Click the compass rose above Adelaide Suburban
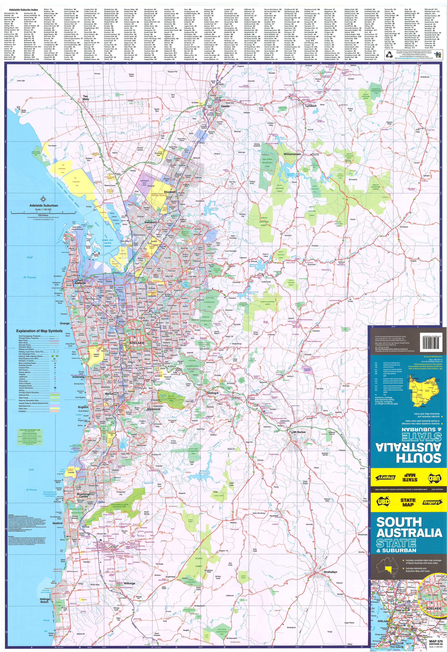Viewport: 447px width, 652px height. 44,200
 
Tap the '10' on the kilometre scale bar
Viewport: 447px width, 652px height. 75,212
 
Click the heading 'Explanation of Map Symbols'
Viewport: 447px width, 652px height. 39,331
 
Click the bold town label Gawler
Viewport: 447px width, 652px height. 225,106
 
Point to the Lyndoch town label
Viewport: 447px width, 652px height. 311,106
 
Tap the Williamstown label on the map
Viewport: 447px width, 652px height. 292,154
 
